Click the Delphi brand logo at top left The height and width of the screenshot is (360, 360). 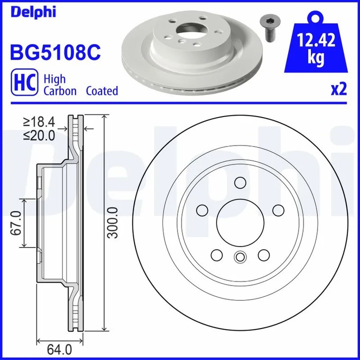(x=31, y=11)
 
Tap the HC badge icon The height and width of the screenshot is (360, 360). (x=22, y=84)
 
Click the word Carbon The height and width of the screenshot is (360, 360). (x=60, y=91)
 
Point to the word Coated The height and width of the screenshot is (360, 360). (x=102, y=91)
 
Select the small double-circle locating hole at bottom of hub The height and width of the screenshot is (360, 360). (x=240, y=257)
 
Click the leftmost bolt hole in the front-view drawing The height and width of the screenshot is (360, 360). (x=202, y=209)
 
